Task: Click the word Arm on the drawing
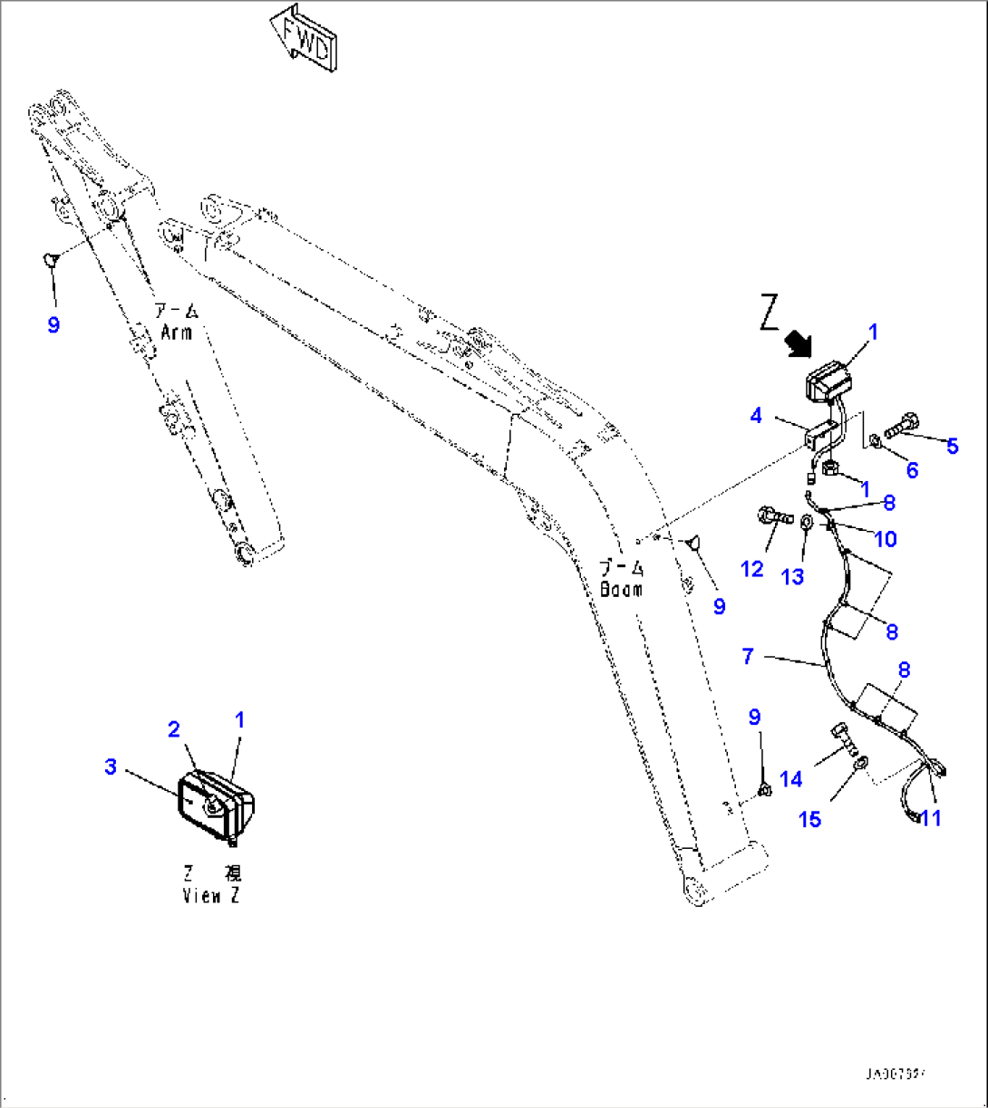(175, 332)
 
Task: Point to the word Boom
(621, 589)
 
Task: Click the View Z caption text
(212, 897)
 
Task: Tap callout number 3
(111, 766)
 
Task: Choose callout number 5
(952, 446)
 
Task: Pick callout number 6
(912, 469)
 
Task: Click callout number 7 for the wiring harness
(747, 655)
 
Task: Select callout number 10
(886, 539)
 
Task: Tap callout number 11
(930, 818)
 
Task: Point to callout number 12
(752, 569)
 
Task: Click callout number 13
(792, 576)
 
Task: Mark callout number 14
(790, 778)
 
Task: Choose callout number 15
(809, 819)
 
